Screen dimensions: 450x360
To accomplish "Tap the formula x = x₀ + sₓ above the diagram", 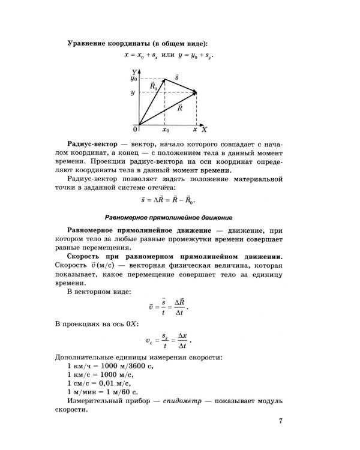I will coord(144,55).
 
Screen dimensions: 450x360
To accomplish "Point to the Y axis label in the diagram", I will coord(135,71).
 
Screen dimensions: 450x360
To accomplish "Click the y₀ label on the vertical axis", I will coord(134,79).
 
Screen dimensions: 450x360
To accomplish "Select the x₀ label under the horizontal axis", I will coord(166,129).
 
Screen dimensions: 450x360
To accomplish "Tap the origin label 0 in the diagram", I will coord(135,129).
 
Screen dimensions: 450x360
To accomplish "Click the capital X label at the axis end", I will coord(204,129).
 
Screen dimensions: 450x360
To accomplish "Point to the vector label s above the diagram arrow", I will coord(176,77).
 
